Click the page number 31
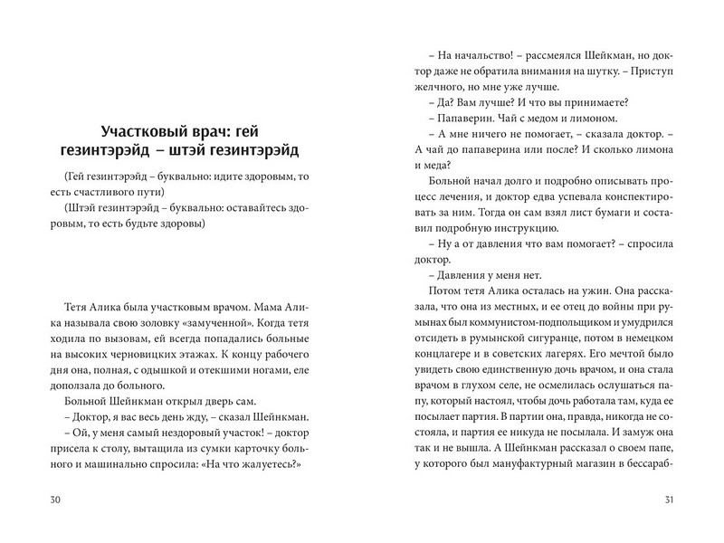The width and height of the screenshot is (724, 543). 671,501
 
